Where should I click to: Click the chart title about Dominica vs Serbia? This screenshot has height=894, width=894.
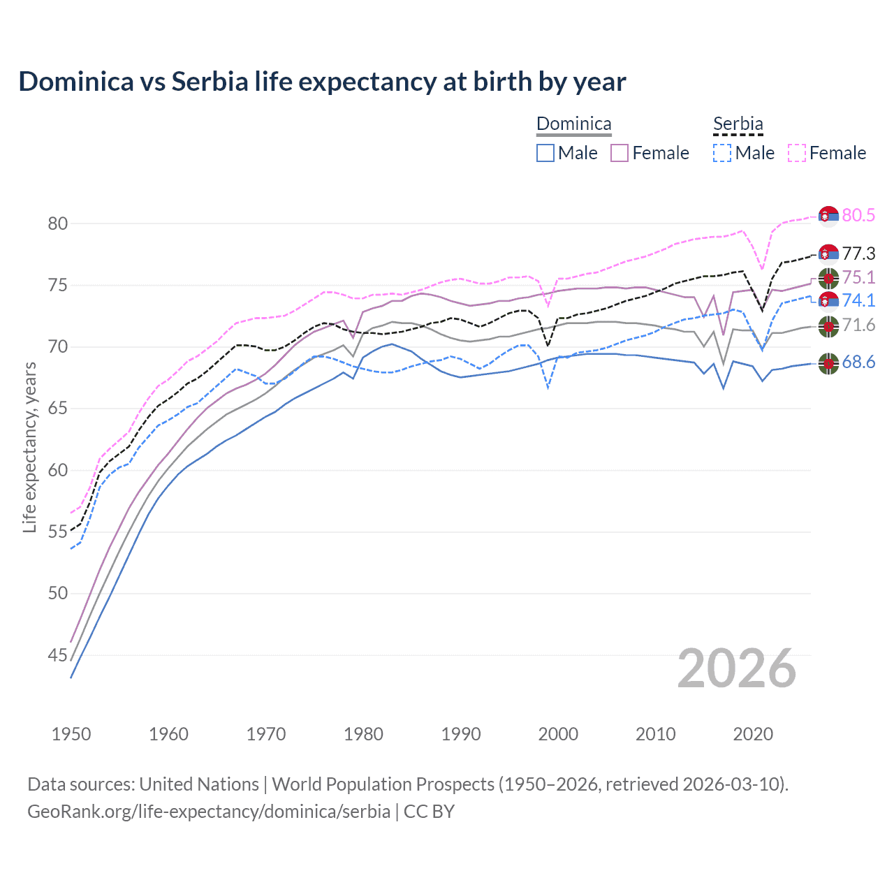[322, 82]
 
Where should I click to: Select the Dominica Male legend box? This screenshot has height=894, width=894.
[545, 153]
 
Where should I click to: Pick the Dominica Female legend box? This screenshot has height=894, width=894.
[620, 153]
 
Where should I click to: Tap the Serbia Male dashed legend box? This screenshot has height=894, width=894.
[722, 153]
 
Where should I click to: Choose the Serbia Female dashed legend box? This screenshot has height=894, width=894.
[797, 153]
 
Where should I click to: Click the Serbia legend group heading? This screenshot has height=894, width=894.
[738, 124]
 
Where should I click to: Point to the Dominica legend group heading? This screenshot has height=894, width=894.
[573, 124]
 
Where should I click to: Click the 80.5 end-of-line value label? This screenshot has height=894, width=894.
[858, 215]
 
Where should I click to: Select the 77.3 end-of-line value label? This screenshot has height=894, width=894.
[858, 254]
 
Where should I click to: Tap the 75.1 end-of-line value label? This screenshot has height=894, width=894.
[858, 277]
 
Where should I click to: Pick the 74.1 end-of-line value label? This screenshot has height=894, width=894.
[858, 300]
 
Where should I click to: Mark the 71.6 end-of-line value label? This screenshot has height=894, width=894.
[858, 325]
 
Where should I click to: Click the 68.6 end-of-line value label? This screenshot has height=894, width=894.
[858, 362]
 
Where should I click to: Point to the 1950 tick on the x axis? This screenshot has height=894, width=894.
[71, 734]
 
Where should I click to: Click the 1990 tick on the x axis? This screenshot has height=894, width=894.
[461, 734]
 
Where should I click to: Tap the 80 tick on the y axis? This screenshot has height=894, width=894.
[57, 223]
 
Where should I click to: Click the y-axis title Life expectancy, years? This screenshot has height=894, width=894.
[29, 447]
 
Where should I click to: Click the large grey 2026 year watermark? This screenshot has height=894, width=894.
[737, 668]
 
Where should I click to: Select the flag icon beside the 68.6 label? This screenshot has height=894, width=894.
[828, 363]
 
